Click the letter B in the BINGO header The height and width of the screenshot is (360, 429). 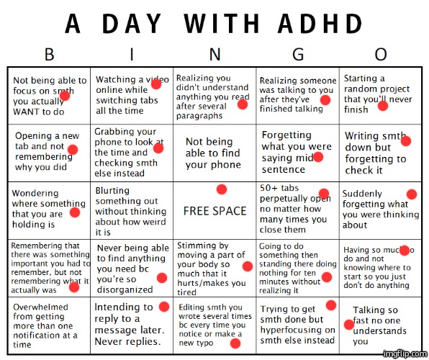coord(50,54)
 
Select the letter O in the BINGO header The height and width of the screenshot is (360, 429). coord(381,54)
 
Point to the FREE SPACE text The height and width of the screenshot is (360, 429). coord(215,211)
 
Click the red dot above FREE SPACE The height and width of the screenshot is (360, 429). coord(222,189)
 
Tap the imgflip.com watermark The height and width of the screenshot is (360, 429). coord(405,354)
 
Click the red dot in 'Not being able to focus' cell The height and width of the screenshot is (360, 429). coord(65,96)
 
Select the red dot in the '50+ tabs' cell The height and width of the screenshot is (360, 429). coord(324,193)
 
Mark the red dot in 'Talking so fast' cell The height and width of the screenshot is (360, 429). coord(349,325)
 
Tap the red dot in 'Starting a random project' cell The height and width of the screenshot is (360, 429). coord(383,106)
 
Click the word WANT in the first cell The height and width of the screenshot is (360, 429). coord(28,112)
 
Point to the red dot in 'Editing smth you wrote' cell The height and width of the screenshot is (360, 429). coord(235,343)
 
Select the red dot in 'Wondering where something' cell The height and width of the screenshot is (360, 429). coord(74,212)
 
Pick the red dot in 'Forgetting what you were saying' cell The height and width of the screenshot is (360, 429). coord(319,157)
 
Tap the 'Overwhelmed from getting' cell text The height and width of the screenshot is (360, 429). coord(44,325)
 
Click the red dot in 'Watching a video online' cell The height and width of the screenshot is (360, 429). coord(155,85)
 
